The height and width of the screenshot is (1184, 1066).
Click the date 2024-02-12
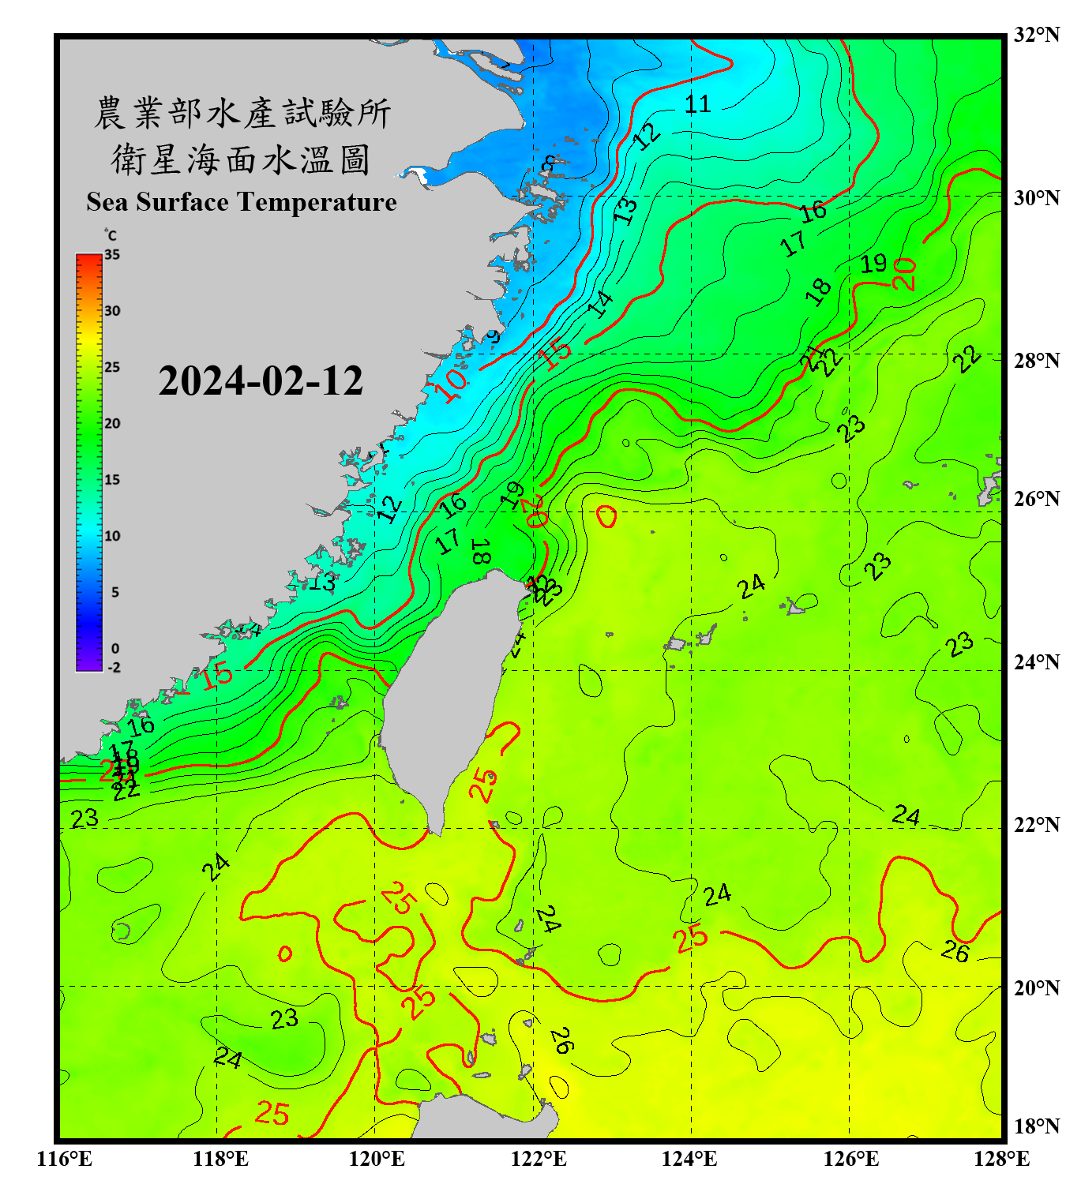coord(261,381)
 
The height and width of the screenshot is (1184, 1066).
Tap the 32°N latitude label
coord(1035,35)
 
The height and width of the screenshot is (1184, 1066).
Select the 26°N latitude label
coord(1035,499)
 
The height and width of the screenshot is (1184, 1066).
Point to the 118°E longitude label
coord(220,1159)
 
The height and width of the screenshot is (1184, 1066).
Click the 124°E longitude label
coord(689,1159)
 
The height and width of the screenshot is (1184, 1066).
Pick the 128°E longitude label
coord(1001,1159)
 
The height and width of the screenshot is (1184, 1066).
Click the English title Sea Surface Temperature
coord(242,202)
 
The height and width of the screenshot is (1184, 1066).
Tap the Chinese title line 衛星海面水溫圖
coord(242,159)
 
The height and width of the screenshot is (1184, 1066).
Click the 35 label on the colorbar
coord(112,255)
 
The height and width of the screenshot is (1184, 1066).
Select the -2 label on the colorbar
coord(114,668)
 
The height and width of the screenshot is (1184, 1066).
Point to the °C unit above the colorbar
coord(110,235)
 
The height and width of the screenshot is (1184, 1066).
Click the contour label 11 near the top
coord(697,104)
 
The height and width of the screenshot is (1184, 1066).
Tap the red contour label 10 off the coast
coord(452,386)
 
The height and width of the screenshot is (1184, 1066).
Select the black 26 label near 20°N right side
coord(955,952)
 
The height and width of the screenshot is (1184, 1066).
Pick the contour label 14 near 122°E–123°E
coord(600,303)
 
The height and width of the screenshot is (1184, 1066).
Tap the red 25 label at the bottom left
coord(272,1114)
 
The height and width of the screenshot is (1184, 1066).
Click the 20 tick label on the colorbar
coord(112,424)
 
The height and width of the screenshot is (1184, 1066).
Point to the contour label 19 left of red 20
coord(873,264)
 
